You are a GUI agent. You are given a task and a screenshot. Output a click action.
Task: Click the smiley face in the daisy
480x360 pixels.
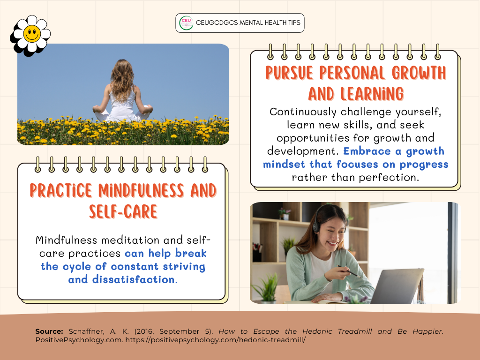32,34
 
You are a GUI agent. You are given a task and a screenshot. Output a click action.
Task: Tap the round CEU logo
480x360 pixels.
186,23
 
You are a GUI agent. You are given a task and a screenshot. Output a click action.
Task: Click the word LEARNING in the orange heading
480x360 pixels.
372,94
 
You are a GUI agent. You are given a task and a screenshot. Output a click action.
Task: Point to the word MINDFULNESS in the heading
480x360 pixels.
141,190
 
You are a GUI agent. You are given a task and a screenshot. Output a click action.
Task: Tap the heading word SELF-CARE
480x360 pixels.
123,211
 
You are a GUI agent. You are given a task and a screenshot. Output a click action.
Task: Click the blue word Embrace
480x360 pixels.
367,151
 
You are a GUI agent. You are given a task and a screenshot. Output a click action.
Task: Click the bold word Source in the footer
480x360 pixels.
49,331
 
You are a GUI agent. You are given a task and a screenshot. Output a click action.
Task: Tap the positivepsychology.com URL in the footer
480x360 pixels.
216,340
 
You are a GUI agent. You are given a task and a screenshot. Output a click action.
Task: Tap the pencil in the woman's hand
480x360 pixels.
349,271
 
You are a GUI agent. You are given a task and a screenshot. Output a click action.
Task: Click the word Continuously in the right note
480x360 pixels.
303,112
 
